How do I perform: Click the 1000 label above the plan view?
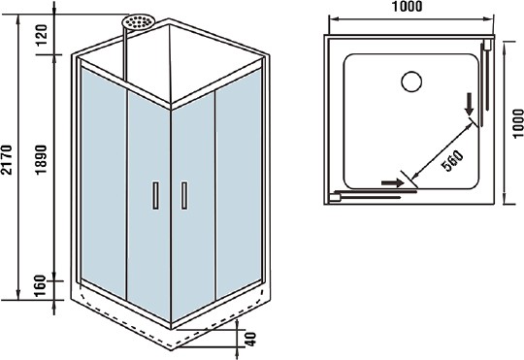point(409,9)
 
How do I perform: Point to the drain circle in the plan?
point(410,82)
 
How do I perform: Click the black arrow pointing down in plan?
point(470,107)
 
